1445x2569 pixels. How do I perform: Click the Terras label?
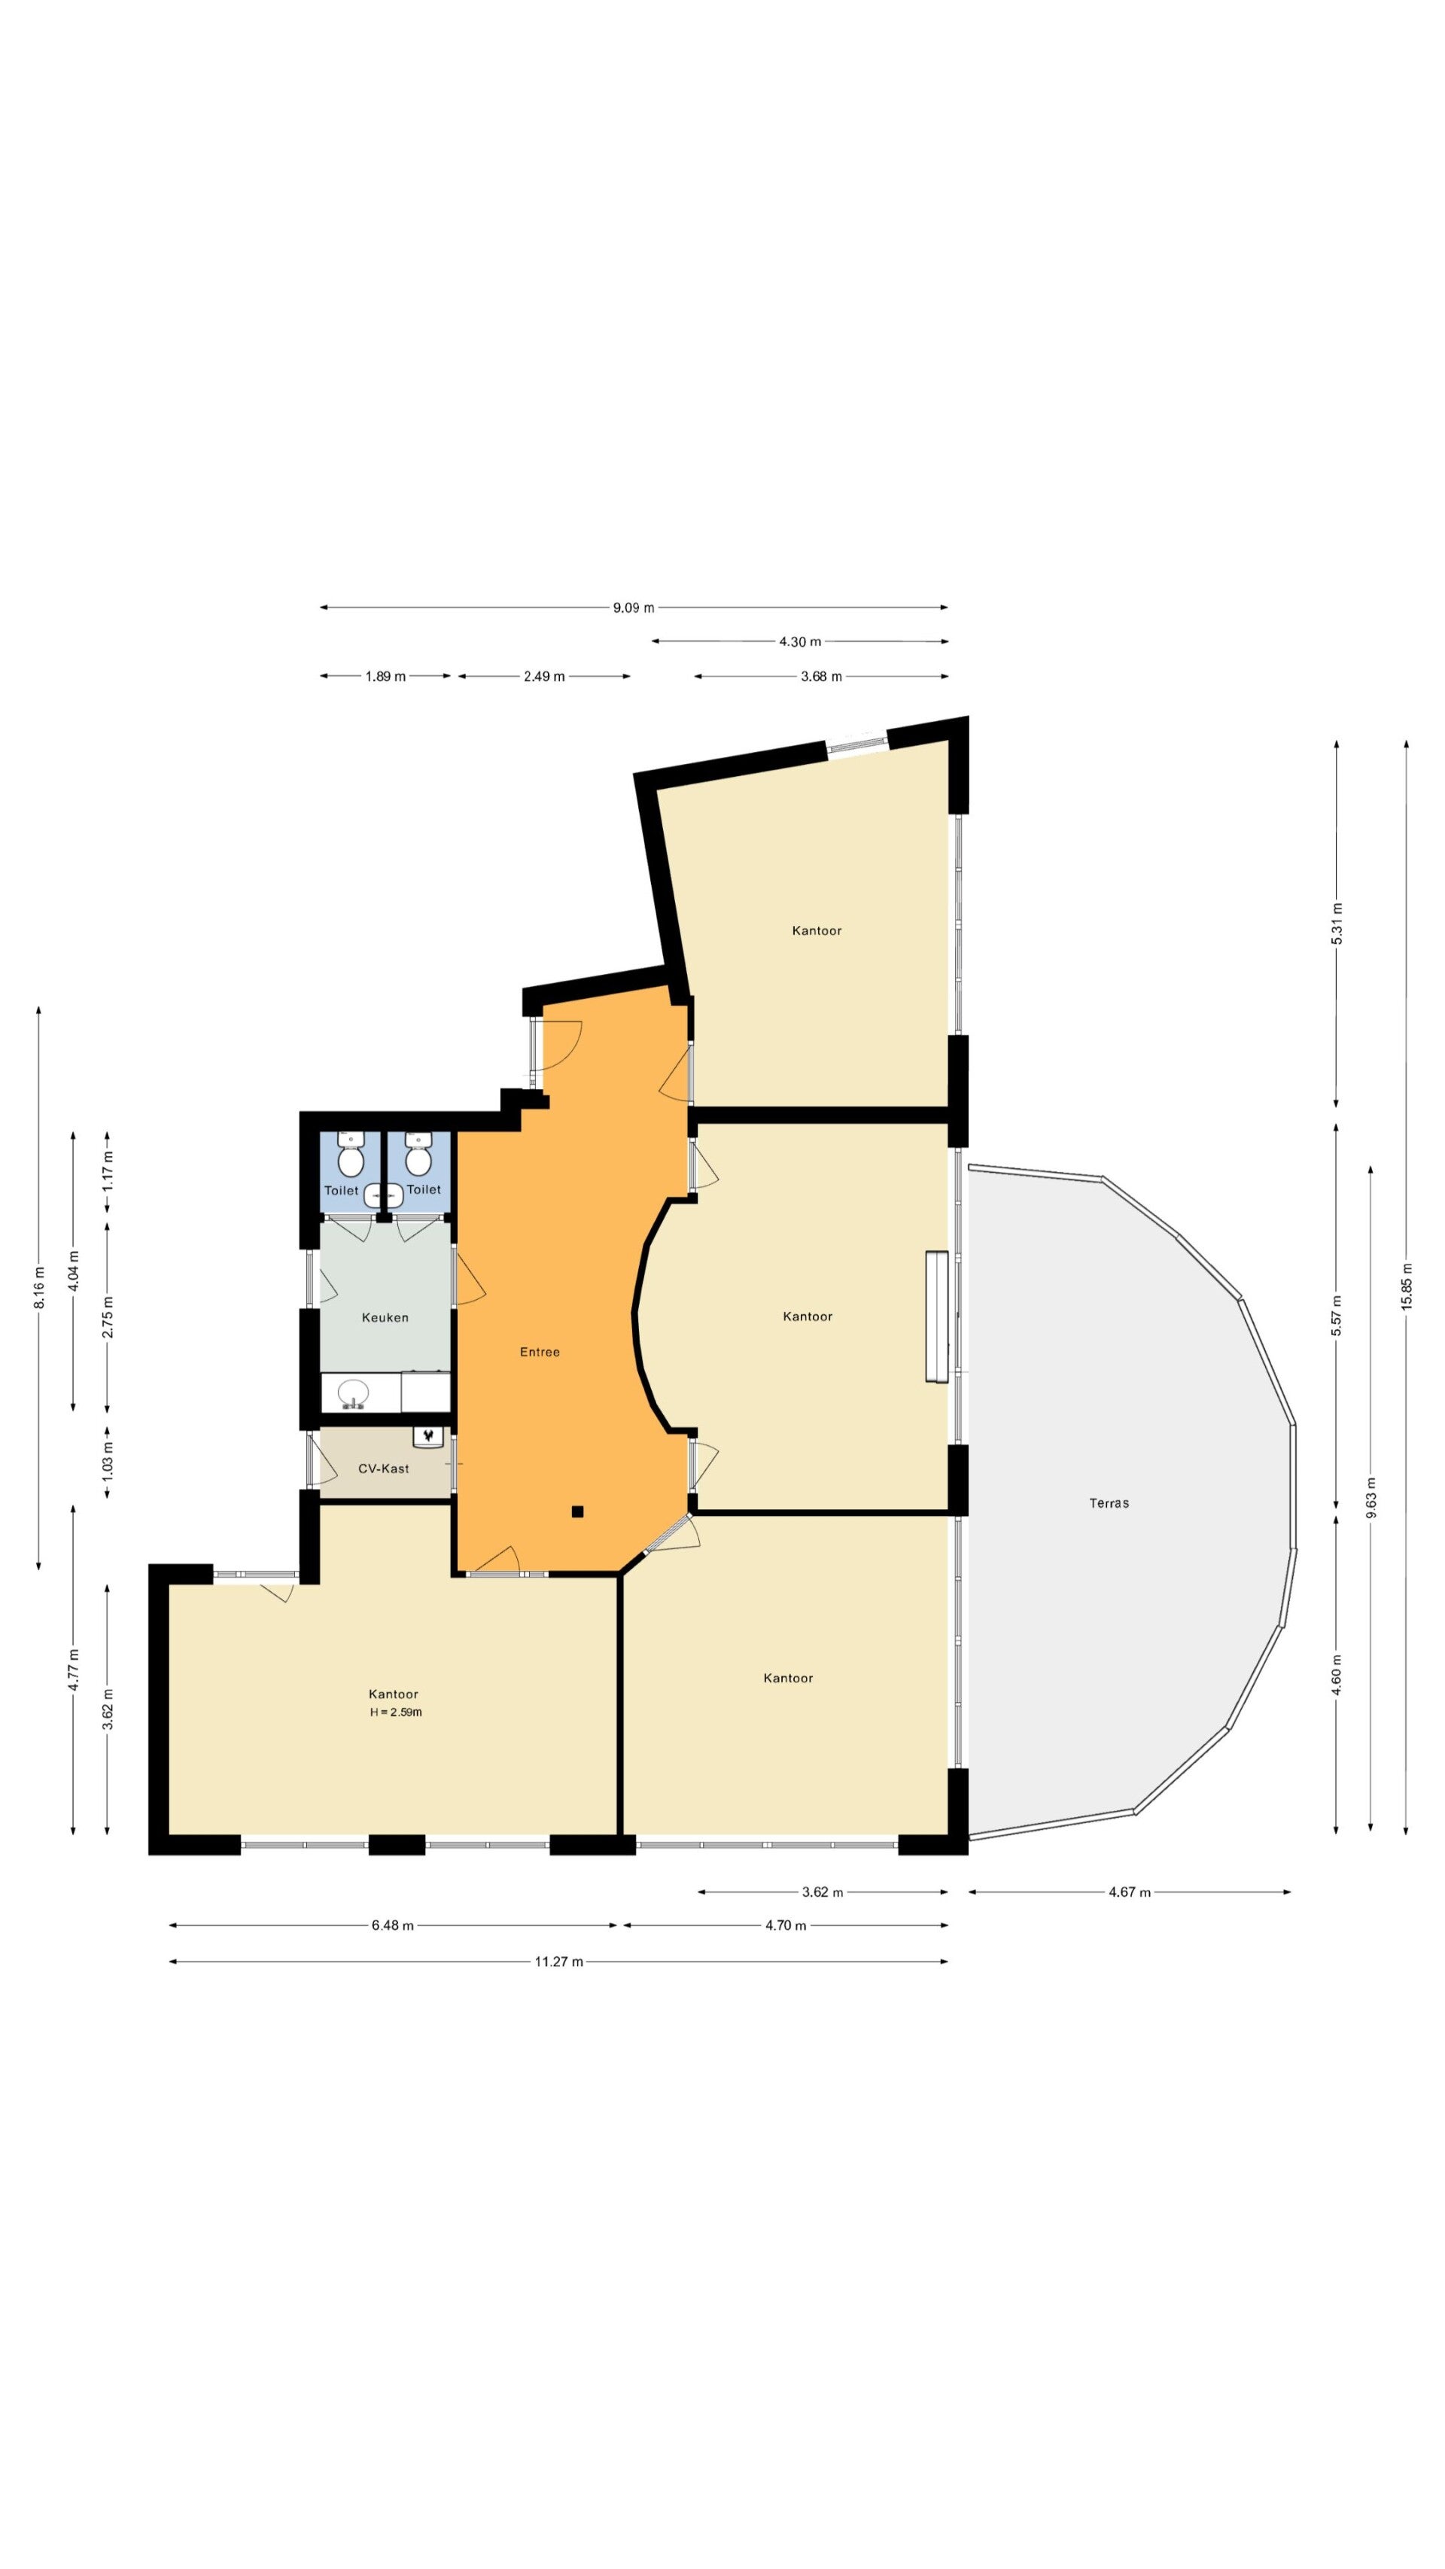click(1108, 1503)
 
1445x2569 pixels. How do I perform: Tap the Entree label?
click(540, 1353)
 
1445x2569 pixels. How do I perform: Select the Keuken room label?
click(385, 1317)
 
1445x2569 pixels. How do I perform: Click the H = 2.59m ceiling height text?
click(396, 1712)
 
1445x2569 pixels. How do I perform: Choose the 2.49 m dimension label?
click(544, 676)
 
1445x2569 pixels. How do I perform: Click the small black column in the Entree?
click(576, 1512)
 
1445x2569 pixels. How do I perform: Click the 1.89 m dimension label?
click(385, 676)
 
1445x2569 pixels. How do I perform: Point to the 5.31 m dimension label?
click(1337, 924)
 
